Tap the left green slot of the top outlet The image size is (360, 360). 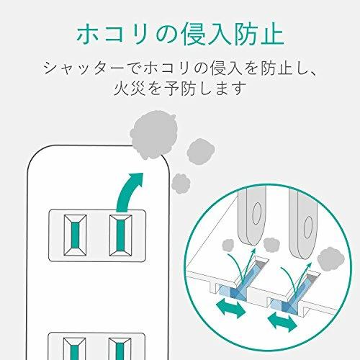(75, 235)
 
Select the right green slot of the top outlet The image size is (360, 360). (120, 235)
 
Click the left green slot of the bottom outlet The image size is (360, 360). (75, 352)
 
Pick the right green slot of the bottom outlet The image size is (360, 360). (120, 351)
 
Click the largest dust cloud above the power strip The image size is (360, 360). (154, 135)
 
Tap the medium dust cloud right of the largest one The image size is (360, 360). (201, 151)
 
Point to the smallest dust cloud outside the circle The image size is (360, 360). (181, 184)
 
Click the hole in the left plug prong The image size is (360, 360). (257, 213)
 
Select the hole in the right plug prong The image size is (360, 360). (308, 228)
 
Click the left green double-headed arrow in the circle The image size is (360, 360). (231, 308)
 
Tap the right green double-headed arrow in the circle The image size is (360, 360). (282, 321)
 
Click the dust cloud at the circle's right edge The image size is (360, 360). (331, 260)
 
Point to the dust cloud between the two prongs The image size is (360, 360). (271, 244)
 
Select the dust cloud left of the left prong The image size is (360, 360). (228, 246)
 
